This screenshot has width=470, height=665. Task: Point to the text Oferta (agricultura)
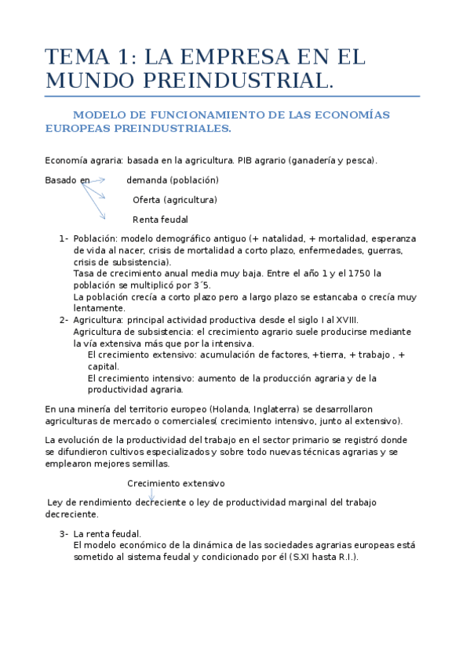coord(174,200)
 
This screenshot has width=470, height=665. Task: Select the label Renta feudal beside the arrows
coord(160,220)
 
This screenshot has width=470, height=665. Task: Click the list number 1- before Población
coord(63,238)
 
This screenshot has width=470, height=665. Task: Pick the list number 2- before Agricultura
coord(63,320)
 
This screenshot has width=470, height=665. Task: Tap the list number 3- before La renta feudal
coord(64,534)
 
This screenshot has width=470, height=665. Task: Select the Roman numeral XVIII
coord(345,320)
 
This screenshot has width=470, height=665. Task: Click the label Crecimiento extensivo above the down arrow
coord(176,483)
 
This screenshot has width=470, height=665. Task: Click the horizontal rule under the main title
coord(232,96)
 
